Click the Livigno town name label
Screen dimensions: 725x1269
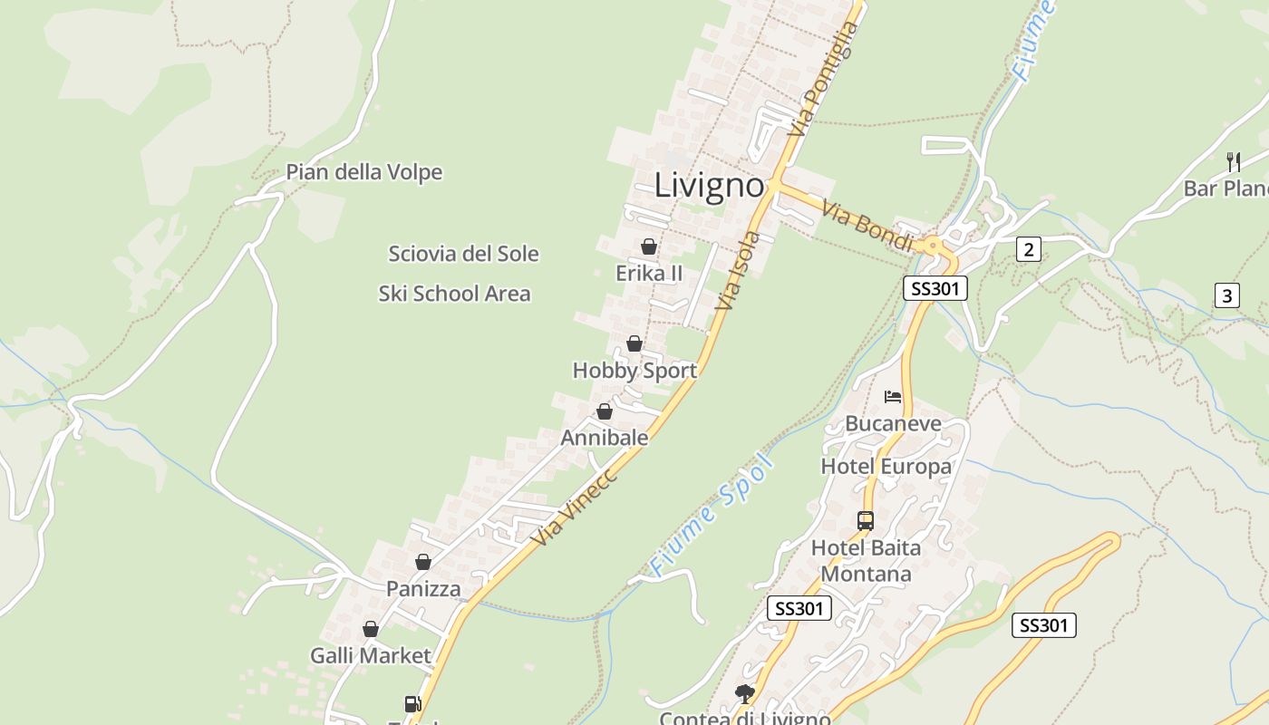coord(709,185)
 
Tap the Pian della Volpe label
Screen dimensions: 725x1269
coord(364,172)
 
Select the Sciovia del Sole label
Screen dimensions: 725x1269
coord(463,254)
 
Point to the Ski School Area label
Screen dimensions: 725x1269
coord(454,294)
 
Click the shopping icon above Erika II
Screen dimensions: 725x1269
coord(649,246)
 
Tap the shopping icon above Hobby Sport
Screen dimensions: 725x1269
coord(634,343)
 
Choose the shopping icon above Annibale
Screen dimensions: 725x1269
coord(605,412)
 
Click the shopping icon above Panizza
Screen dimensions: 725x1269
coord(422,563)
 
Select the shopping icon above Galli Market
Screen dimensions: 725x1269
coord(371,629)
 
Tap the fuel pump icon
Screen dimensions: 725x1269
coord(412,703)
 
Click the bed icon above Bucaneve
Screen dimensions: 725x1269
coord(893,397)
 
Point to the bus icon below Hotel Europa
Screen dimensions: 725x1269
coord(866,521)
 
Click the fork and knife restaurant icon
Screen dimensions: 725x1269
coord(1233,162)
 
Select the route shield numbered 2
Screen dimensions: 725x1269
coord(1028,249)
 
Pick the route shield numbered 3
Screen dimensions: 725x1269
coord(1226,295)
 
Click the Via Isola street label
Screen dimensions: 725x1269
coord(738,270)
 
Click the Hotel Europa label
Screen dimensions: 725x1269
coord(886,467)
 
